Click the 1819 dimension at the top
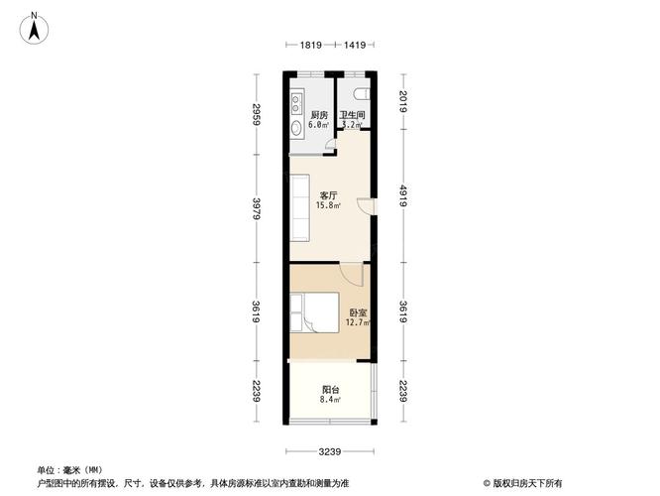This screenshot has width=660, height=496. point(310,45)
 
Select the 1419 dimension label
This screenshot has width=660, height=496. point(355,45)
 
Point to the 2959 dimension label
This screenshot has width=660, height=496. point(257,114)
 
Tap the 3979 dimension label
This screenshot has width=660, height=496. point(257,208)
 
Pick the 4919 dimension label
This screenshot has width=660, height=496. point(403,195)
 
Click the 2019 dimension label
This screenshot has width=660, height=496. point(403,101)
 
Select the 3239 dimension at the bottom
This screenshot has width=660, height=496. point(330,452)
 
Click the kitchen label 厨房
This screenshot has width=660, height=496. point(319,115)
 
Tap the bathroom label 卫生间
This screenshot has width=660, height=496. point(353,115)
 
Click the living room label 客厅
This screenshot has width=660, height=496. point(328,196)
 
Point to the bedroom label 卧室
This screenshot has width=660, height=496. point(358,313)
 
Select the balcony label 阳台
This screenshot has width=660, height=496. point(330,390)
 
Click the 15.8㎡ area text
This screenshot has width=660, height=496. point(329,205)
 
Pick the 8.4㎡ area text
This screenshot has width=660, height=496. point(330,400)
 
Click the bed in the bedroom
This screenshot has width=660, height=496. point(314,312)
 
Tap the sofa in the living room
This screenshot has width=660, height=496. point(299,207)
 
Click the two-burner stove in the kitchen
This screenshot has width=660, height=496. point(296,104)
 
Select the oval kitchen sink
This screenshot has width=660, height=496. point(296,128)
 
